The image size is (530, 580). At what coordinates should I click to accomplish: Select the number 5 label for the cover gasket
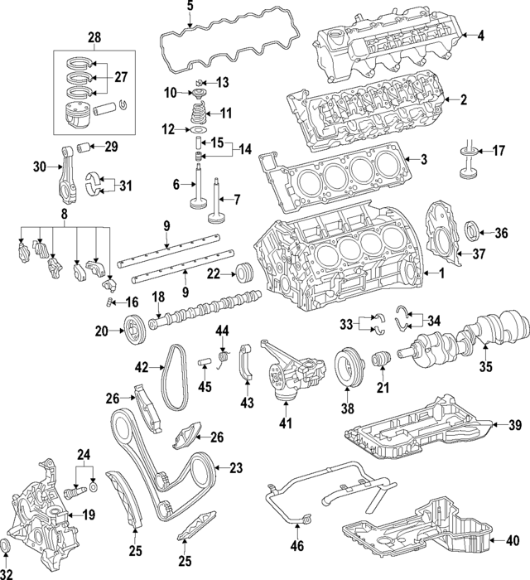coord(189,7)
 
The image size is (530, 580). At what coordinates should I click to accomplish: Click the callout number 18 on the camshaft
coord(157,297)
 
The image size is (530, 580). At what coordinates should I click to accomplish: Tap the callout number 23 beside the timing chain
coord(237,468)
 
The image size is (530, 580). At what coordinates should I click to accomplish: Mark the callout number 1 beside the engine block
coord(441,273)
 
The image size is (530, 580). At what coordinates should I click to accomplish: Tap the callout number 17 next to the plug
coord(499,151)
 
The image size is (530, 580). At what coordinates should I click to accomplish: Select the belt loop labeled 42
coord(171,377)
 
